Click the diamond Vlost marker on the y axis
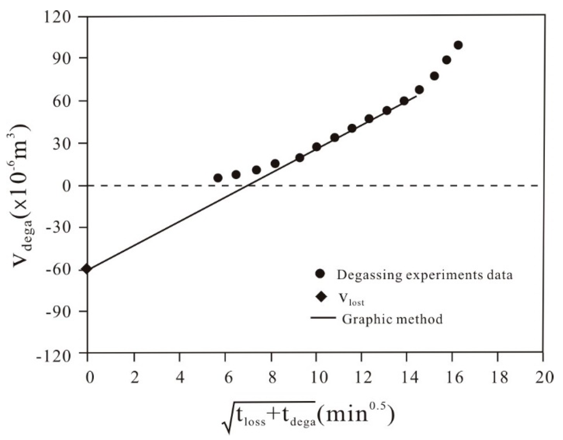pyautogui.click(x=87, y=269)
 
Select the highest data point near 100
pyautogui.click(x=458, y=45)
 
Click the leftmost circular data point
pyautogui.click(x=218, y=178)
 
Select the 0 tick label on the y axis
pyautogui.click(x=66, y=186)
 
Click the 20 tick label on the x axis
pyautogui.click(x=544, y=378)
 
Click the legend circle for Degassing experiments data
pyautogui.click(x=320, y=273)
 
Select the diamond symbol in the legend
pyautogui.click(x=321, y=297)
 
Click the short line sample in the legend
pyautogui.click(x=323, y=317)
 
